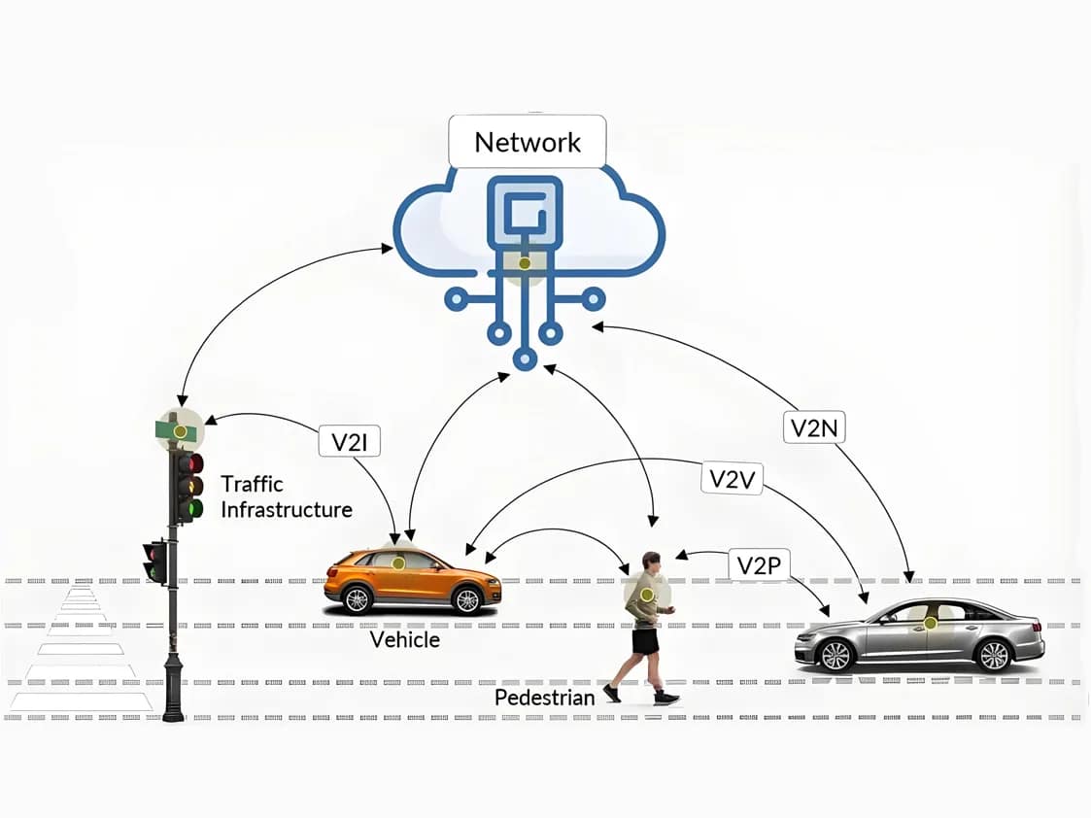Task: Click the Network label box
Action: (528, 142)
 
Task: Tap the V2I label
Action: (349, 442)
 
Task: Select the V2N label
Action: (813, 427)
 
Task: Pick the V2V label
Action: (732, 478)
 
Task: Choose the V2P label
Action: (759, 565)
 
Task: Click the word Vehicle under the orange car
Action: (405, 640)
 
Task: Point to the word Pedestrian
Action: (544, 698)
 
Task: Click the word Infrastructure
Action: (287, 509)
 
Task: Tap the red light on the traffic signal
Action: (195, 463)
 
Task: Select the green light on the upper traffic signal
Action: (195, 507)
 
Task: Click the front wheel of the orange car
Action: (466, 599)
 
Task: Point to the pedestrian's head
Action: (650, 562)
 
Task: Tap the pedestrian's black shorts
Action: (645, 640)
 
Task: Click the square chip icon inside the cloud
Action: (525, 213)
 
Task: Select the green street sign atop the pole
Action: (179, 429)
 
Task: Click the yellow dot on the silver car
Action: (930, 623)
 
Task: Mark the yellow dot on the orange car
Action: (397, 563)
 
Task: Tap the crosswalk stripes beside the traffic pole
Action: (83, 651)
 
